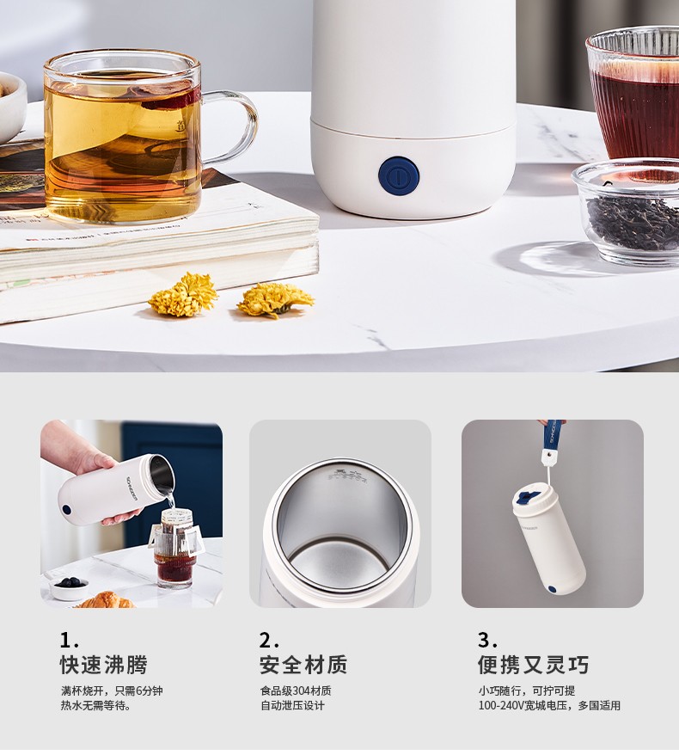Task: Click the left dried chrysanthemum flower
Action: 183,294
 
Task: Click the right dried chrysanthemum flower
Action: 275,299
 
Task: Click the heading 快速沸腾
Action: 104,665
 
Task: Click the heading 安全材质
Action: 303,665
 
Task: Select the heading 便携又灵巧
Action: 533,665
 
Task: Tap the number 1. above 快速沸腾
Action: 69,641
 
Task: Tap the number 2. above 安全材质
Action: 268,641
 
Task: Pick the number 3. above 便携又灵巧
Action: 487,641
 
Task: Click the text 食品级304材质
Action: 296,691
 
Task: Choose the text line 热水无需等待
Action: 95,705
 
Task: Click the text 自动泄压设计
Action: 292,705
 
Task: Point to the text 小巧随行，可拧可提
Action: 527,691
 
